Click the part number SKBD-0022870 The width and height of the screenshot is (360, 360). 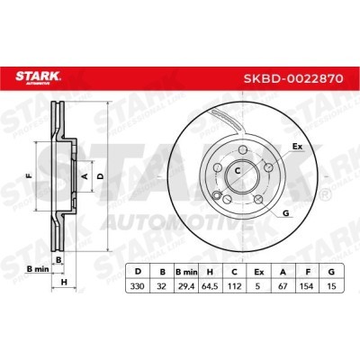(293, 78)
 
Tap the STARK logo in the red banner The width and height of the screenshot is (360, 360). (38, 77)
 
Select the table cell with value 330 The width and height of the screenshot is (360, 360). (138, 286)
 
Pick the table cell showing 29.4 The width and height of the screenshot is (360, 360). (186, 286)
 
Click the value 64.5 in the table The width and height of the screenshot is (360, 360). (211, 286)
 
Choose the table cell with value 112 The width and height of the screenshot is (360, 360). (235, 286)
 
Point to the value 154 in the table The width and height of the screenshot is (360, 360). (308, 286)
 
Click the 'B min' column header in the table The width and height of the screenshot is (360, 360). (186, 272)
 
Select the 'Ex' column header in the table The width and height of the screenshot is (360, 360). (259, 272)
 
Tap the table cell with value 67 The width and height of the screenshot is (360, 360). (283, 286)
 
